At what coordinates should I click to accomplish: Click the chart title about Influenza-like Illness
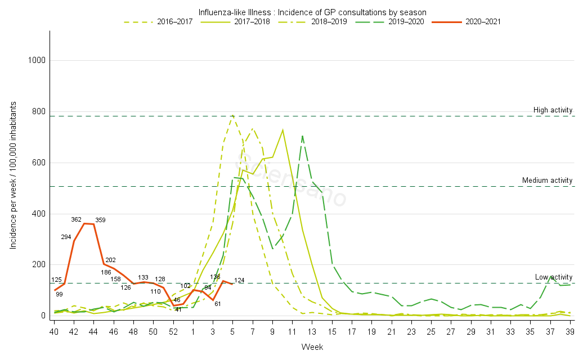pos(312,12)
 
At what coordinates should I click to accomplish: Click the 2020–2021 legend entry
pos(483,22)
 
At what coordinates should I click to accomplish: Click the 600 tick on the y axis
pos(39,163)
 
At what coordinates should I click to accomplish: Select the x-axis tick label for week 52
pos(173,332)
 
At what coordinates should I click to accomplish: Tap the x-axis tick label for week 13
pos(312,332)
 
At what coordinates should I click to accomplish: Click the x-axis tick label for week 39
pos(569,332)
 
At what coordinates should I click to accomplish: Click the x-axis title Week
pos(312,347)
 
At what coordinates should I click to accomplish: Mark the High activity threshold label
pos(553,110)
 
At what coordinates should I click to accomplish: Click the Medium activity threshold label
pos(547,181)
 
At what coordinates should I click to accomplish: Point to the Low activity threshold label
pos(553,277)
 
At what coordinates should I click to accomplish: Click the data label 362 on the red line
pos(77,219)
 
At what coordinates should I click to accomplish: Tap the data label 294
pos(66,237)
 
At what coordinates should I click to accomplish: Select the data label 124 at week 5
pos(240,280)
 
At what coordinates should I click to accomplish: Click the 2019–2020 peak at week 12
pos(302,136)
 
